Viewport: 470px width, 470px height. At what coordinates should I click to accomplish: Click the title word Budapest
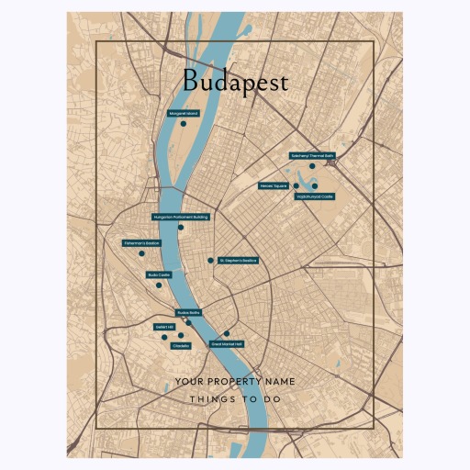[x=234, y=81]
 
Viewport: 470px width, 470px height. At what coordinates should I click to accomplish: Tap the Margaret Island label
[x=183, y=113]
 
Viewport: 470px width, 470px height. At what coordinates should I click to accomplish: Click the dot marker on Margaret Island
[x=184, y=123]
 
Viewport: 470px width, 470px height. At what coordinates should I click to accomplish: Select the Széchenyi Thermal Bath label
[x=312, y=156]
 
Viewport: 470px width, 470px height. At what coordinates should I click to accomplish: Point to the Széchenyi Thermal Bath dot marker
[x=312, y=166]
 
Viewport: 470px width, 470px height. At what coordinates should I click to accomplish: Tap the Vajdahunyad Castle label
[x=315, y=196]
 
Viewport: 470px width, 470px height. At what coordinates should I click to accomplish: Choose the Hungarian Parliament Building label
[x=181, y=218]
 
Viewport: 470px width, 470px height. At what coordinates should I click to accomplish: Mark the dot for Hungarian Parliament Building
[x=181, y=228]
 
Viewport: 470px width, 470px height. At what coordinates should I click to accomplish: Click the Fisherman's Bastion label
[x=141, y=243]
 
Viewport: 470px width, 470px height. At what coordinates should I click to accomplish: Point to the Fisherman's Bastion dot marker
[x=141, y=253]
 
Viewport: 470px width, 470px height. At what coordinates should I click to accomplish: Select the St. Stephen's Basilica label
[x=238, y=261]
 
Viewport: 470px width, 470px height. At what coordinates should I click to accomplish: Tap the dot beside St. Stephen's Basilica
[x=210, y=261]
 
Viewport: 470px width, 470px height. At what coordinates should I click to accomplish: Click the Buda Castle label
[x=159, y=274]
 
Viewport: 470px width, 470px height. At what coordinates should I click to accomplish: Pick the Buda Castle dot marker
[x=159, y=285]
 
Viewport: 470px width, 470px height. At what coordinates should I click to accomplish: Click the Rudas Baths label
[x=188, y=312]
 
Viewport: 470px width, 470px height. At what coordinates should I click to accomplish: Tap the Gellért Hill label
[x=163, y=326]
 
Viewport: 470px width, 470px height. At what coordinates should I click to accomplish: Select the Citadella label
[x=181, y=345]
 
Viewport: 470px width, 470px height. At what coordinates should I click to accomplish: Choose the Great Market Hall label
[x=227, y=343]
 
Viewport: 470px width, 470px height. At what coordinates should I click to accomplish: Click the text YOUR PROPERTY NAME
[x=235, y=381]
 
